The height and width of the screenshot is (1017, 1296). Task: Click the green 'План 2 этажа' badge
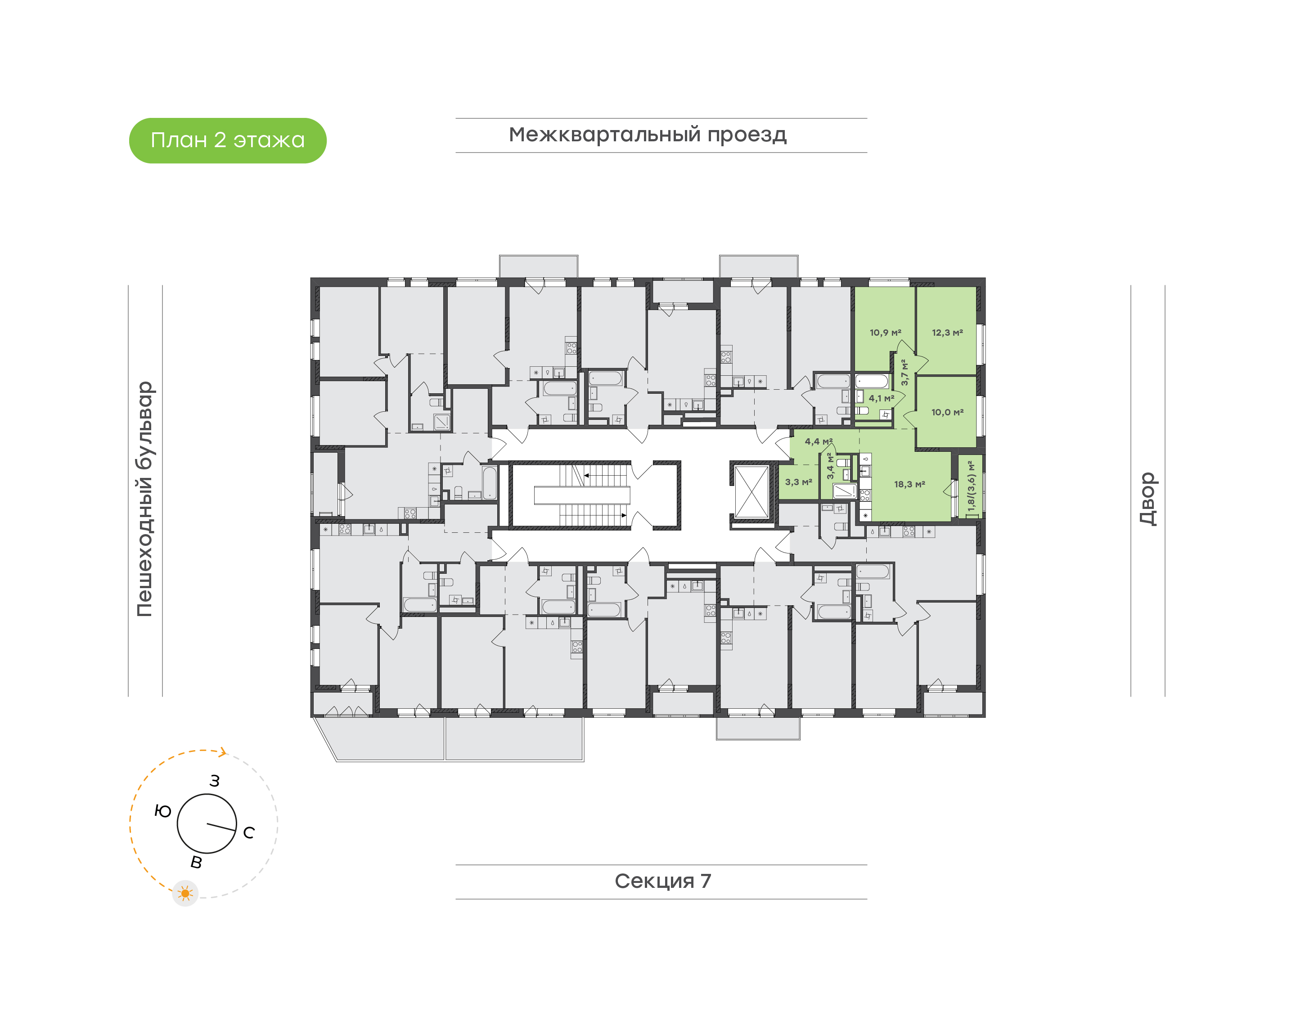(x=227, y=140)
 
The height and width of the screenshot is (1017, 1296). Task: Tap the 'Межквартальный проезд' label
(x=647, y=135)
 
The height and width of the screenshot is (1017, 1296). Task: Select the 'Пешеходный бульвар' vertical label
(x=144, y=499)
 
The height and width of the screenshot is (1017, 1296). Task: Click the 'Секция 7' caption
(x=662, y=881)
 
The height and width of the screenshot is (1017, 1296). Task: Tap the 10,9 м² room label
(x=885, y=333)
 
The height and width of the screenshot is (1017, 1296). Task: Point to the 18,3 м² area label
(x=909, y=484)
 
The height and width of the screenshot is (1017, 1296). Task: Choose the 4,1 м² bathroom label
(x=881, y=398)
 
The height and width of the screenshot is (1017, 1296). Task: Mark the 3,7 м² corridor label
(x=904, y=372)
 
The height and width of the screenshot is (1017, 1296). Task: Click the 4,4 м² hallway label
(x=818, y=441)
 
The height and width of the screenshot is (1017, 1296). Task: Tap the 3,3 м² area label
(x=798, y=481)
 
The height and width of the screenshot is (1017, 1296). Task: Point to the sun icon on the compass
(x=185, y=893)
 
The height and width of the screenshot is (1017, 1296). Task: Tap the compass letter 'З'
(x=214, y=781)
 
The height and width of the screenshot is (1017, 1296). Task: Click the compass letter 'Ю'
(x=162, y=811)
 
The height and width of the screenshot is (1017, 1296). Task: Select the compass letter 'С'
(x=249, y=832)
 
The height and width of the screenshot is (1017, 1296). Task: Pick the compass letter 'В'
(x=196, y=862)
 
